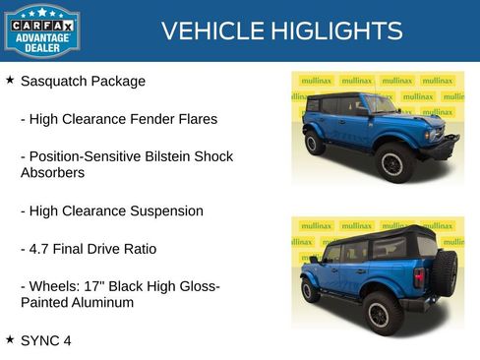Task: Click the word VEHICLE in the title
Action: tap(206, 31)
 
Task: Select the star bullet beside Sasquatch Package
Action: tap(10, 80)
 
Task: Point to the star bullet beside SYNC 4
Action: tap(10, 339)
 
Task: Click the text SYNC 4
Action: tap(46, 340)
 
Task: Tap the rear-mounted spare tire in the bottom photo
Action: tap(446, 270)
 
